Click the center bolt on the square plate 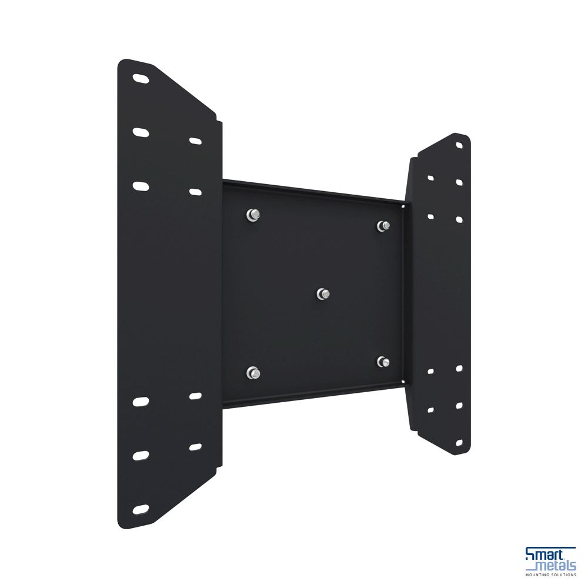[x=323, y=294]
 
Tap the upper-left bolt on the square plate [x=253, y=215]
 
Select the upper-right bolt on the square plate [x=383, y=226]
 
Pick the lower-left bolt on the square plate [x=253, y=373]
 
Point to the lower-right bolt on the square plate [x=383, y=362]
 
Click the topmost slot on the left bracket [x=141, y=79]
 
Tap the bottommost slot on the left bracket [x=141, y=509]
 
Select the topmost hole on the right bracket [x=459, y=145]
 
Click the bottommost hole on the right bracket [x=459, y=443]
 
